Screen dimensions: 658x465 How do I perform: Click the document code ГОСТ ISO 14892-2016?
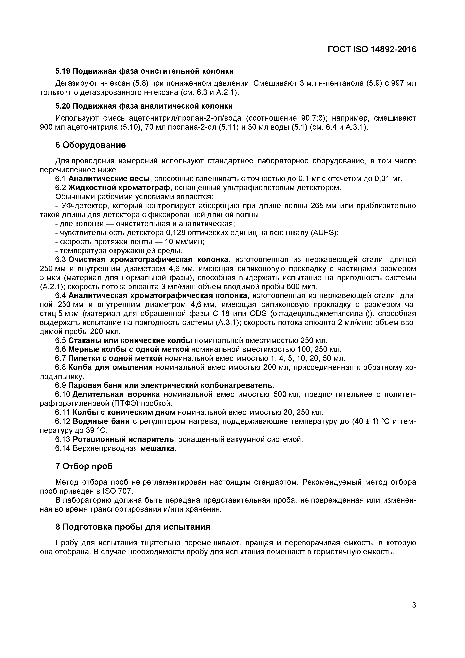[372, 50]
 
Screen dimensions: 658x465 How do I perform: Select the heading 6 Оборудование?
[91, 145]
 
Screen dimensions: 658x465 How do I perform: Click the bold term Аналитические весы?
[109, 179]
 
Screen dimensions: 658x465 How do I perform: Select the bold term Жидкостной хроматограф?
[120, 188]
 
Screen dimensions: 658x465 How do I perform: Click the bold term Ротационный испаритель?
[123, 439]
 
